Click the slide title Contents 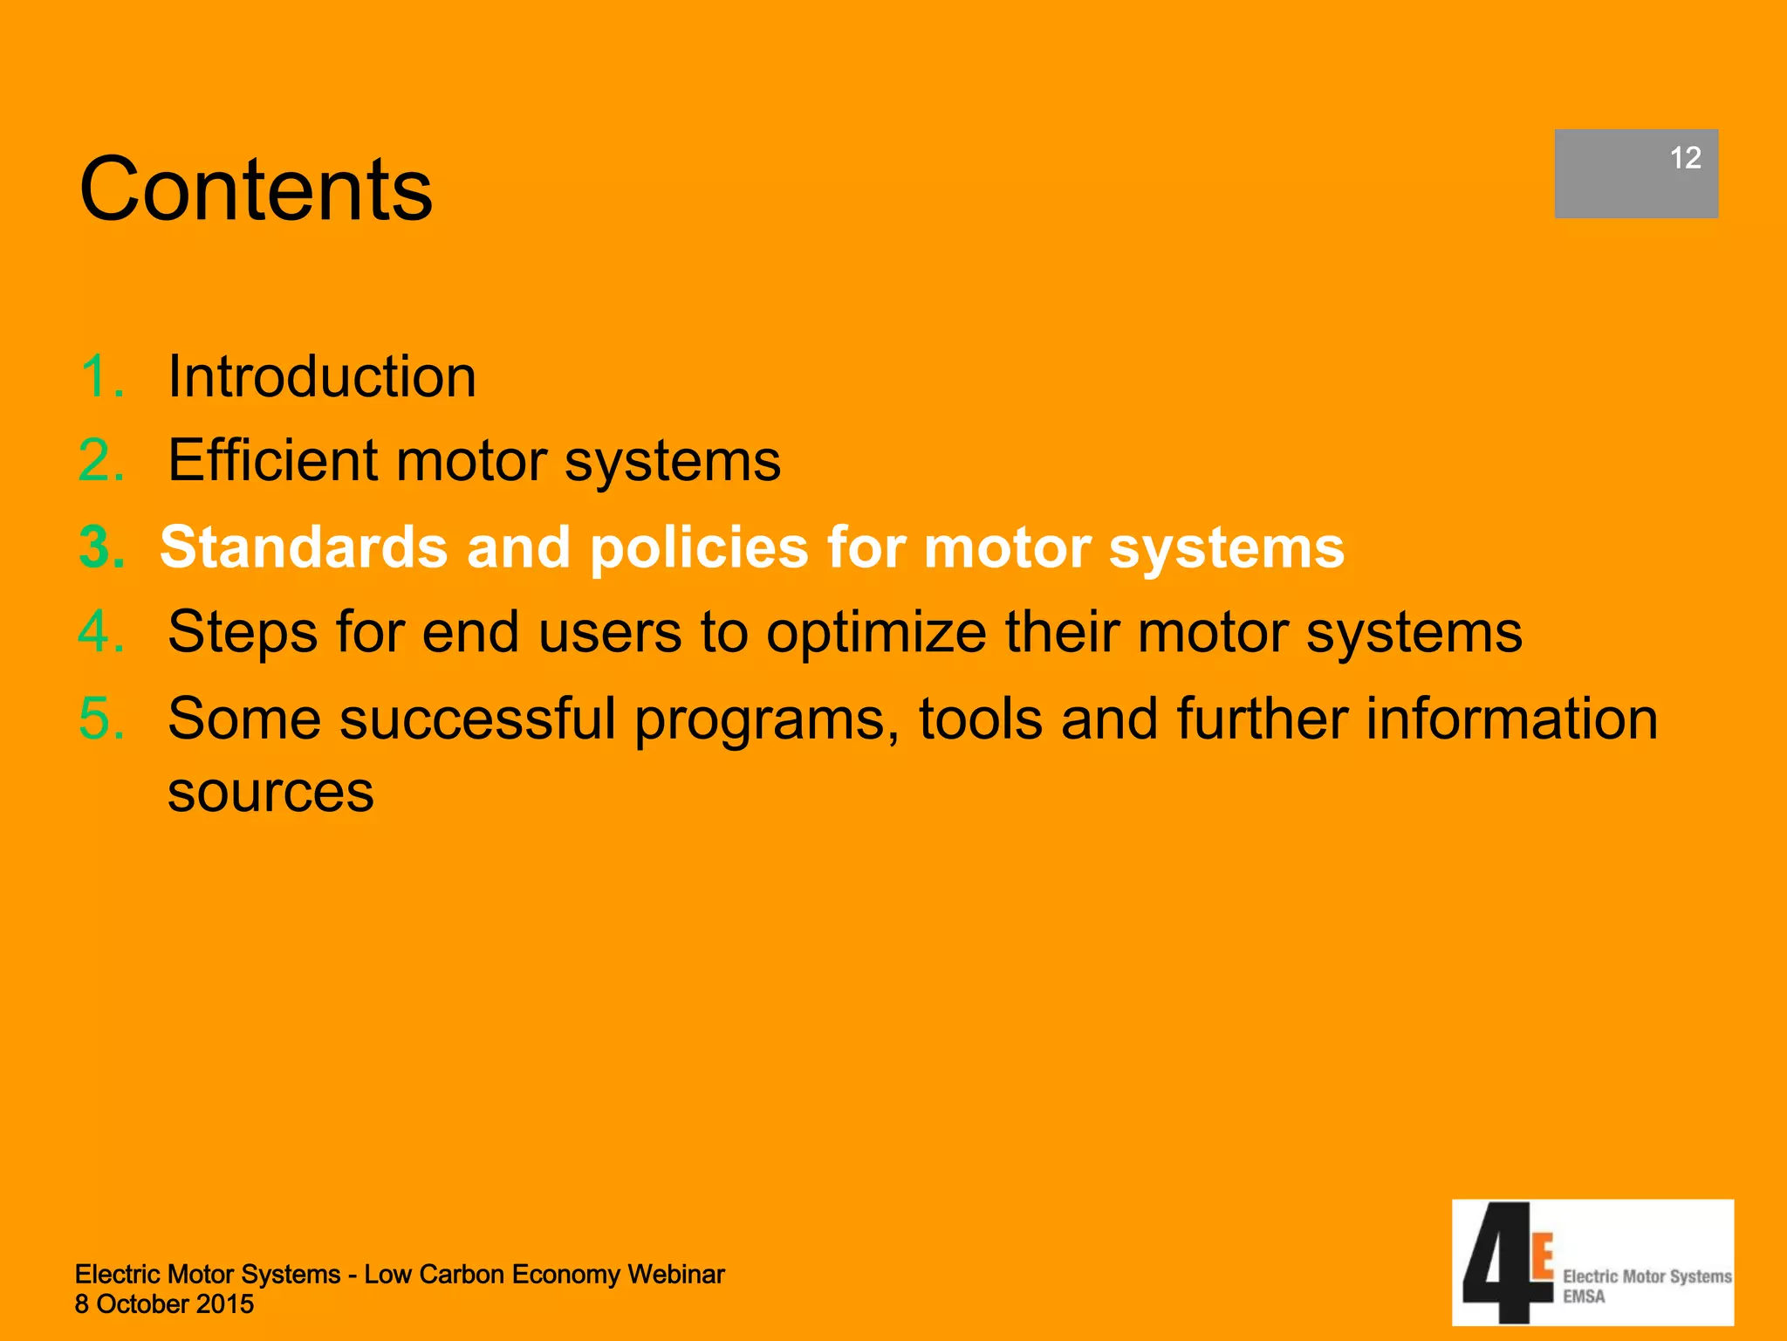[x=256, y=189]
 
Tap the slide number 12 [x=1685, y=158]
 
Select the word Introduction [x=322, y=377]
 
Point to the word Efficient [x=273, y=460]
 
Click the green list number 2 [x=101, y=460]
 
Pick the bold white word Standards [x=304, y=547]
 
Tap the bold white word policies [x=699, y=547]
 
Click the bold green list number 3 [x=101, y=547]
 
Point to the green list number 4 [x=101, y=632]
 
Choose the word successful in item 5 [x=478, y=719]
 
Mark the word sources [x=270, y=793]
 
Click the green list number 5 [x=101, y=719]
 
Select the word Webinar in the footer [x=676, y=1275]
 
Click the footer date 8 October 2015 [x=164, y=1304]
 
